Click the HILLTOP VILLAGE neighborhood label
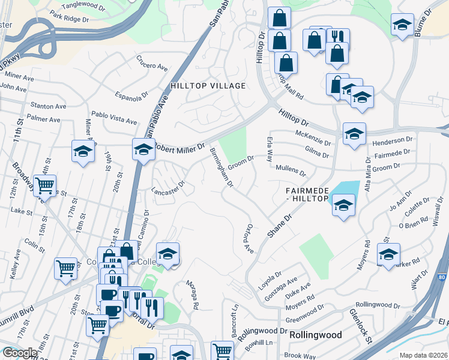[x=208, y=86]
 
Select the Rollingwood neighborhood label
[x=315, y=335]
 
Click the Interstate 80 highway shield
[x=442, y=277]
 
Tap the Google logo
[x=20, y=353]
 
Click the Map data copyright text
[x=424, y=355]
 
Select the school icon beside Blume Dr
[x=402, y=25]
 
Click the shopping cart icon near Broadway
[x=45, y=187]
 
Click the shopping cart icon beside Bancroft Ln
[x=222, y=349]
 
